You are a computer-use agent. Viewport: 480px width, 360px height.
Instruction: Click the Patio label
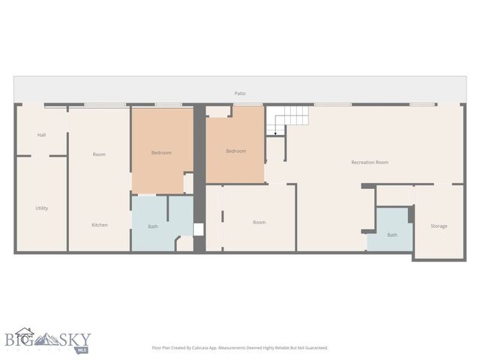[240, 94]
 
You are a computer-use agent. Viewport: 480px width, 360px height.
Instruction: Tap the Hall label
[41, 135]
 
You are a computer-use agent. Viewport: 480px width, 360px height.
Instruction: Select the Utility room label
[41, 208]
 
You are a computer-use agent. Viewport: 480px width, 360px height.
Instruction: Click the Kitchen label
[100, 225]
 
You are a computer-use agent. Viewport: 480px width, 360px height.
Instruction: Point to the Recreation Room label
[370, 162]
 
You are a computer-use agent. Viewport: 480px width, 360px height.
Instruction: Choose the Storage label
[439, 226]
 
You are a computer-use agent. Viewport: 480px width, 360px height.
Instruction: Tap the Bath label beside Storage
[392, 235]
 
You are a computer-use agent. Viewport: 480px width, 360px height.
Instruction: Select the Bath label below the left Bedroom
[153, 226]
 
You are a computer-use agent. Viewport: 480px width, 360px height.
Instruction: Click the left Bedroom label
[161, 153]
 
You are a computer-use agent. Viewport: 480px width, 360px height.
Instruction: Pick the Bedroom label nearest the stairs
[235, 151]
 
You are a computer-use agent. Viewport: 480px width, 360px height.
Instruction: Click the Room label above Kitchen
[99, 154]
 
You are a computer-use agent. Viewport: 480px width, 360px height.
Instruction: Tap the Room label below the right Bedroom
[259, 222]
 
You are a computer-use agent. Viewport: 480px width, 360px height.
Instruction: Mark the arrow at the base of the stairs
[276, 133]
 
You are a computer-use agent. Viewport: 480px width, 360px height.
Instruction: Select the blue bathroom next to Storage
[390, 229]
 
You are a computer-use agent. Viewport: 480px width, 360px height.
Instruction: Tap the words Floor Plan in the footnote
[163, 348]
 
